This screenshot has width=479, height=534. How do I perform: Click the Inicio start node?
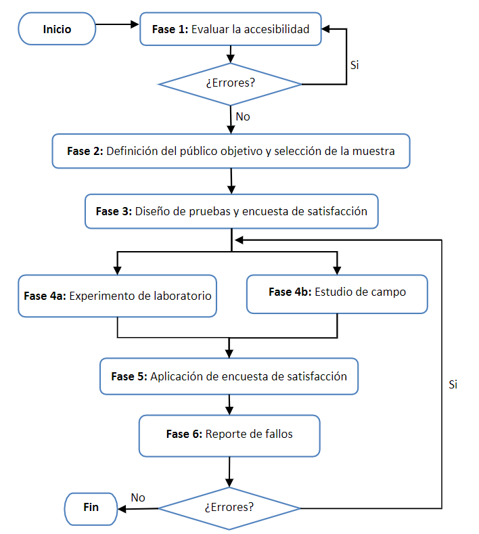tap(57, 29)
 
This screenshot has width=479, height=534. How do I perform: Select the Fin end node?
tap(91, 507)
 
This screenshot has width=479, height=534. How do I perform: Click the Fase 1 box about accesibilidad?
tap(230, 29)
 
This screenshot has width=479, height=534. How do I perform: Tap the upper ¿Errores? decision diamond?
tap(230, 85)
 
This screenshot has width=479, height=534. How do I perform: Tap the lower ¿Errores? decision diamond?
tap(229, 507)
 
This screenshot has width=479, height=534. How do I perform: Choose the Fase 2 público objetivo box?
tap(231, 151)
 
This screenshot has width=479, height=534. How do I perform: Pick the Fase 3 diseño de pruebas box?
tap(231, 211)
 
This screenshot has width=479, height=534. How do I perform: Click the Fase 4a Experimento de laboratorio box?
tap(118, 296)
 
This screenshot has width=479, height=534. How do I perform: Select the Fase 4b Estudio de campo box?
tap(337, 293)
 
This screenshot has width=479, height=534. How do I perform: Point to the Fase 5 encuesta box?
tap(229, 376)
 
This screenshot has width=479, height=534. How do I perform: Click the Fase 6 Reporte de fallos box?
tap(229, 435)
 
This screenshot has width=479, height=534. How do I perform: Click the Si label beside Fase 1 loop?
tap(355, 66)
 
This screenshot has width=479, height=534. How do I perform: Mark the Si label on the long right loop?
tap(453, 384)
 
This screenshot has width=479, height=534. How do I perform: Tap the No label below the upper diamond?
tap(243, 116)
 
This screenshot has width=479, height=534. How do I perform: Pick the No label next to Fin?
tap(138, 497)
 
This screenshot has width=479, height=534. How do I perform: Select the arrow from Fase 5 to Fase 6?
tap(230, 405)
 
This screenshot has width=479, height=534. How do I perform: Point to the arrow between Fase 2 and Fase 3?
tap(231, 181)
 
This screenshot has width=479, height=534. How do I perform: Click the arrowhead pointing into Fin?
tap(122, 508)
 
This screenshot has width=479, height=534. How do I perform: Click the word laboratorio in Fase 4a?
tap(183, 296)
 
